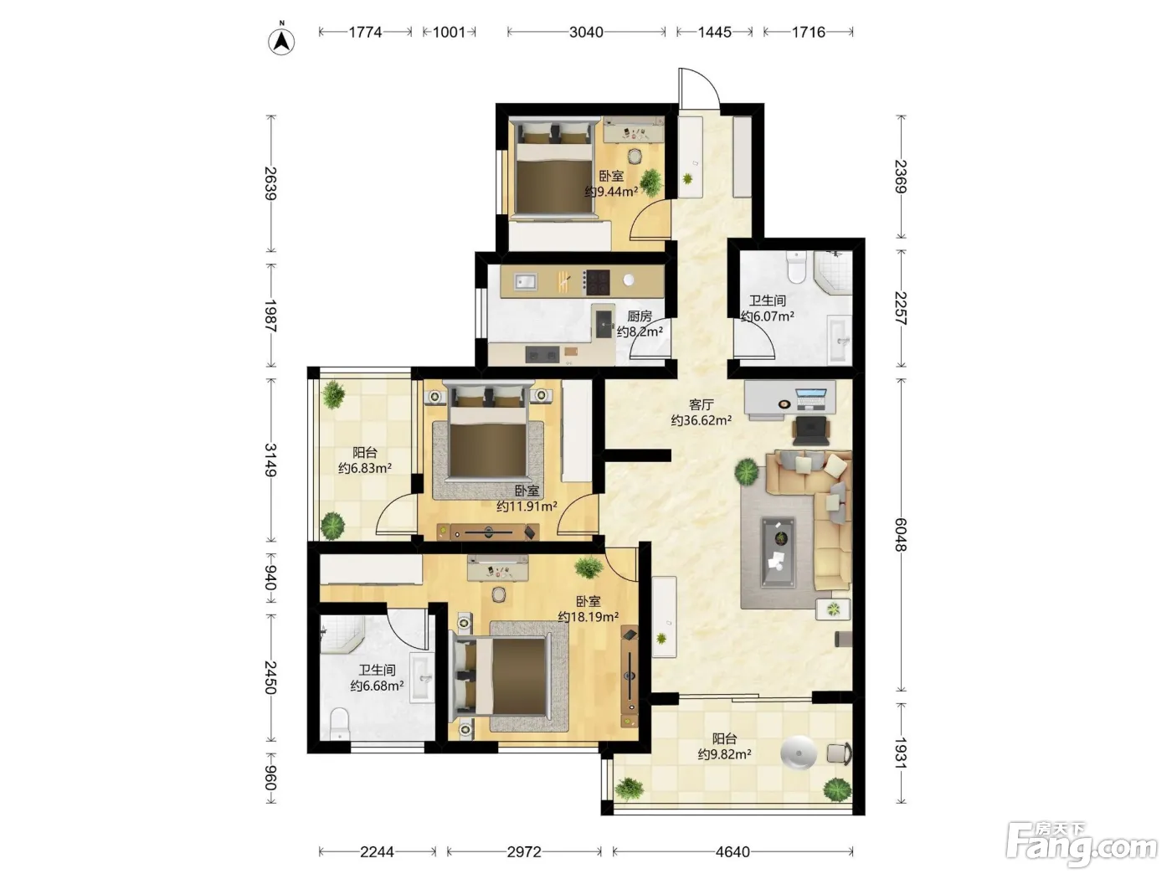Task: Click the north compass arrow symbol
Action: (x=280, y=40)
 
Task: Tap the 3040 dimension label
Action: (x=586, y=33)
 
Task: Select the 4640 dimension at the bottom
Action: (x=732, y=851)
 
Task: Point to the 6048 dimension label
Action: (x=900, y=535)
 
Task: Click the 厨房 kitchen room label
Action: (x=639, y=316)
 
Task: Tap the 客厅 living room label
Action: (x=701, y=405)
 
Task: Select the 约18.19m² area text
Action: (x=588, y=617)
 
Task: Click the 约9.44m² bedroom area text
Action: (x=611, y=192)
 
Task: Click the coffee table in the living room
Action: (x=778, y=552)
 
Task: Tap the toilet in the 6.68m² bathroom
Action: (x=339, y=722)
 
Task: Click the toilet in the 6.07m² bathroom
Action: (x=795, y=267)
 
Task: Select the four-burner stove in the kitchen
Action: (x=597, y=282)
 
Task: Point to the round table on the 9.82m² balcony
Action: (x=799, y=753)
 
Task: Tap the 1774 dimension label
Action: (x=365, y=33)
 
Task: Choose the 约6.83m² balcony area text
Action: (x=365, y=469)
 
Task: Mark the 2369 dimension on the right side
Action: (x=900, y=177)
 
